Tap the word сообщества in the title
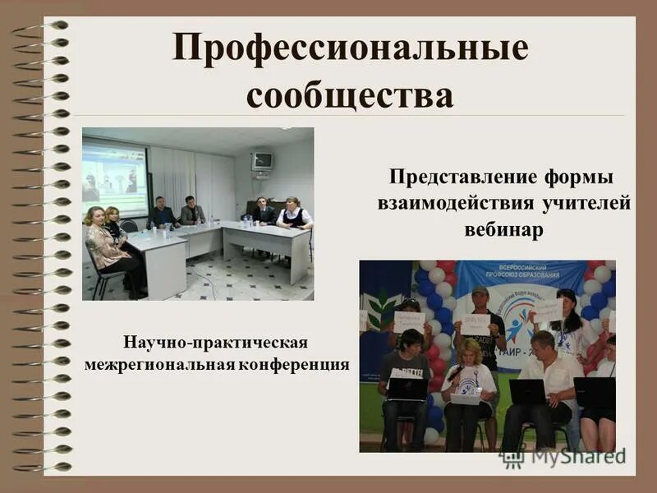click(350, 95)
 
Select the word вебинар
click(503, 229)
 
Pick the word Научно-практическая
click(216, 340)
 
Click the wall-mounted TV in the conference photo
click(262, 161)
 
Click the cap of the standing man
click(480, 291)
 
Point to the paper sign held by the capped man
click(476, 325)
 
